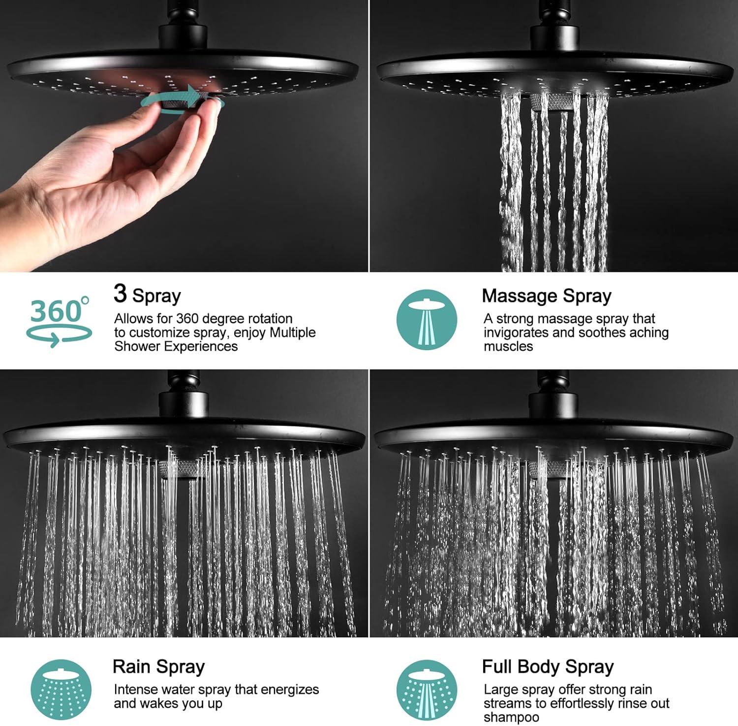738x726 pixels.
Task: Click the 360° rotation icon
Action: pos(59,321)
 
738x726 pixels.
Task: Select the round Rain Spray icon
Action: pos(61,690)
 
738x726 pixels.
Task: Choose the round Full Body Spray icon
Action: pos(427,691)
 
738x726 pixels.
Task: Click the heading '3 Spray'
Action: pos(147,294)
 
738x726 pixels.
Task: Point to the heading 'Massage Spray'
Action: pos(547,296)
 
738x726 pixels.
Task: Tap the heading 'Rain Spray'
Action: pos(158,666)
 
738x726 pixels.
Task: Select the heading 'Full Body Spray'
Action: pos(548,666)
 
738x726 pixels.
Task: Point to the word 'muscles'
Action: pos(508,346)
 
